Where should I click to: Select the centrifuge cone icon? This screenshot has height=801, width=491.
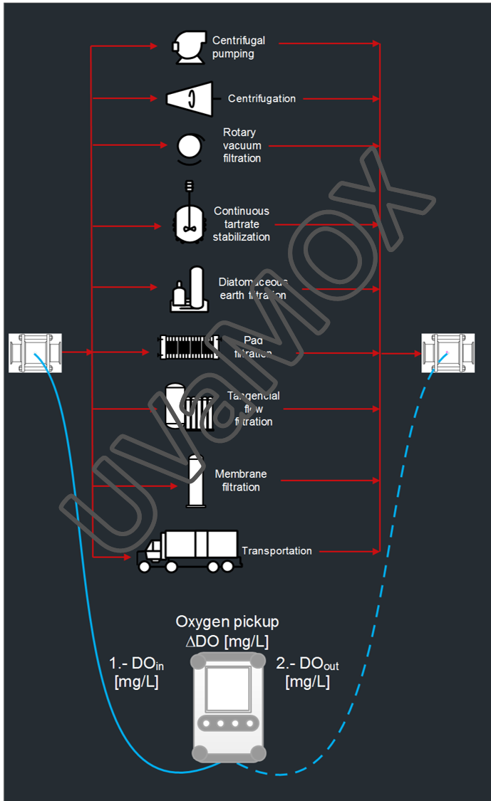190,98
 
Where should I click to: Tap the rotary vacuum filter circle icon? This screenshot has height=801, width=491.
190,146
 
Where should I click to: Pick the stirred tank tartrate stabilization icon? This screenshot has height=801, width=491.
189,217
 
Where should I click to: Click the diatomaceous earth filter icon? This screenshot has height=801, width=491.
188,290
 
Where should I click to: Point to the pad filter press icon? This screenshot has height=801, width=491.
189,347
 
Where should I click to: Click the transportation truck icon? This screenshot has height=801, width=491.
189,550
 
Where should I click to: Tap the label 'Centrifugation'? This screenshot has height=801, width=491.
262,99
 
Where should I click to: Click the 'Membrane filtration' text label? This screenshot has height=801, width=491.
241,481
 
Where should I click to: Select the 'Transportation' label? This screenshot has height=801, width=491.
276,551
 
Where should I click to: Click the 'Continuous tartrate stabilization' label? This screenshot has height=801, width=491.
242,224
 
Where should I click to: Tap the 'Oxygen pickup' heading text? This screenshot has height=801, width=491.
227,622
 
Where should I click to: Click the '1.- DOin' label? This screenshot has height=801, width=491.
136,664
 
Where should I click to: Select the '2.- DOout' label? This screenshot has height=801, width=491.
307,664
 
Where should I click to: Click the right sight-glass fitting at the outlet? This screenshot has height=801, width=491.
448,352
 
